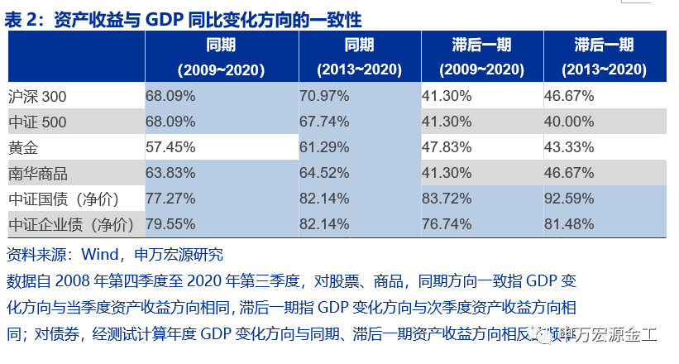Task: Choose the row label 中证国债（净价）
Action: coord(64,199)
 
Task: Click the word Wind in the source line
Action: coord(99,255)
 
